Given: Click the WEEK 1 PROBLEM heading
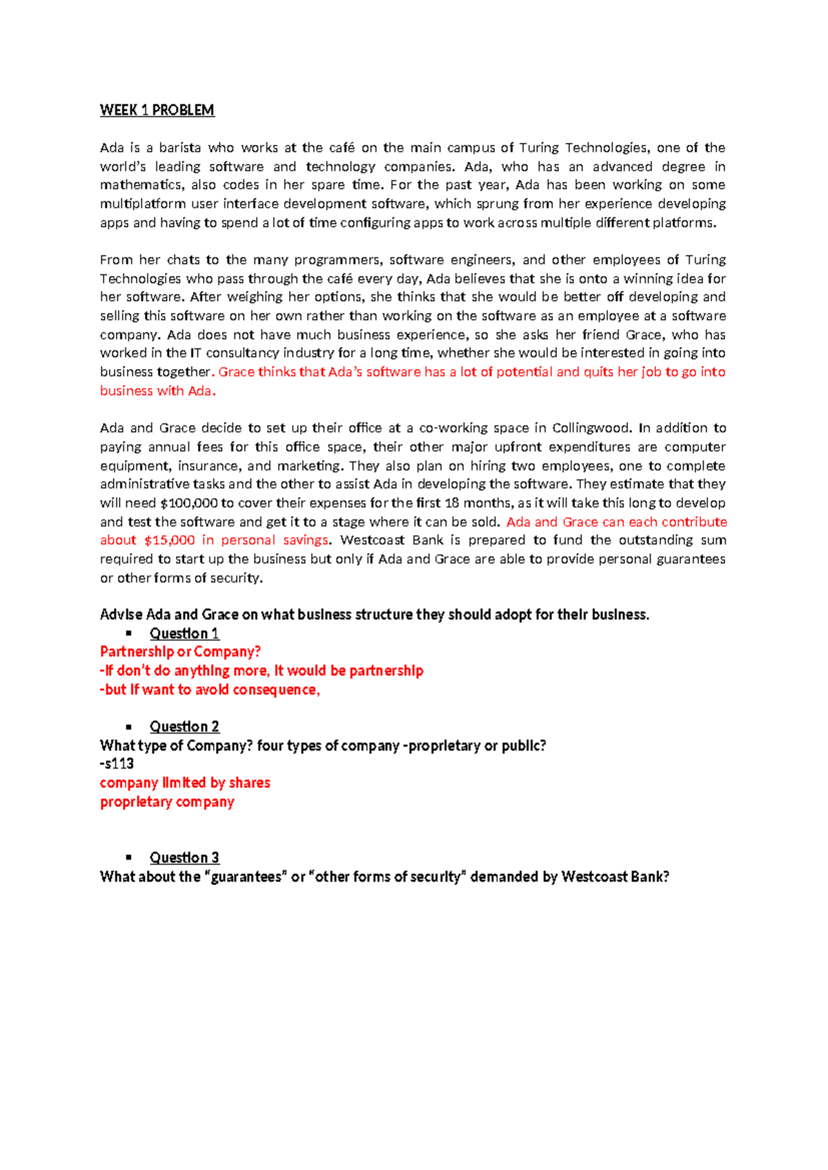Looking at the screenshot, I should (157, 110).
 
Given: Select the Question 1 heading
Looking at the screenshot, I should (184, 633).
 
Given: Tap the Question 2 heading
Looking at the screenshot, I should (184, 726).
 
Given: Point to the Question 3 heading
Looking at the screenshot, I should (184, 857).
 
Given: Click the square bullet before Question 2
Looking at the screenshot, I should (128, 726).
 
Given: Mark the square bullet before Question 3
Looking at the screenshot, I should (128, 857).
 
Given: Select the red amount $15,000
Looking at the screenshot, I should (169, 540).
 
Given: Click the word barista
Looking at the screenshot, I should (180, 148).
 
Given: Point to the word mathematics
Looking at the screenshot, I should (140, 185).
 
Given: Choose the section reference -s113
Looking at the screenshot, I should (117, 764).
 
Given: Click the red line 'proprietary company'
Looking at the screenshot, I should (167, 802).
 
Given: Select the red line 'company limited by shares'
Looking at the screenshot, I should (185, 782).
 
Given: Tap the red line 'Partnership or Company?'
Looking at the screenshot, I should (180, 652).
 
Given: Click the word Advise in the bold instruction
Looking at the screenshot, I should (121, 615).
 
